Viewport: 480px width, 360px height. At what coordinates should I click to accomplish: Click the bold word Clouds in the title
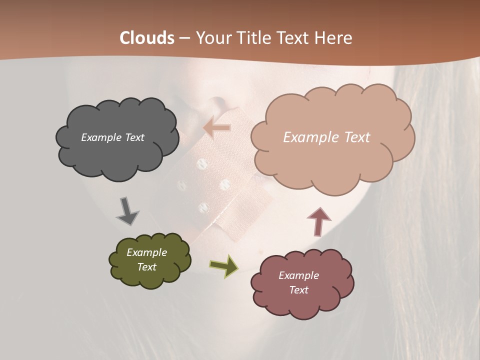point(147,38)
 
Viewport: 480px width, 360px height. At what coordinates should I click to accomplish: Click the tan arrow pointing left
point(217,128)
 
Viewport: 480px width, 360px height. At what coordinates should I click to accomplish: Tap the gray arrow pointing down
point(127,211)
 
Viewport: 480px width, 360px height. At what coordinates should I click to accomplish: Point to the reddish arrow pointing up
point(319,221)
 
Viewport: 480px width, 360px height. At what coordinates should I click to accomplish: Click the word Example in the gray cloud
point(100,137)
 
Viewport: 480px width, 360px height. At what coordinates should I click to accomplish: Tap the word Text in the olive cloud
point(147,267)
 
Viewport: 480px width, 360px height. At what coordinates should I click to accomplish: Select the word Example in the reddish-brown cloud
point(298,275)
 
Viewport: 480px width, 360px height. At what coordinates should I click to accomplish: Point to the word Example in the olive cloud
point(147,252)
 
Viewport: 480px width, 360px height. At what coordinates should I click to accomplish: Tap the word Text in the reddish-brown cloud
point(298,290)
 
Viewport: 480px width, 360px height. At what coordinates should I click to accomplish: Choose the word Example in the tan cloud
point(308,137)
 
